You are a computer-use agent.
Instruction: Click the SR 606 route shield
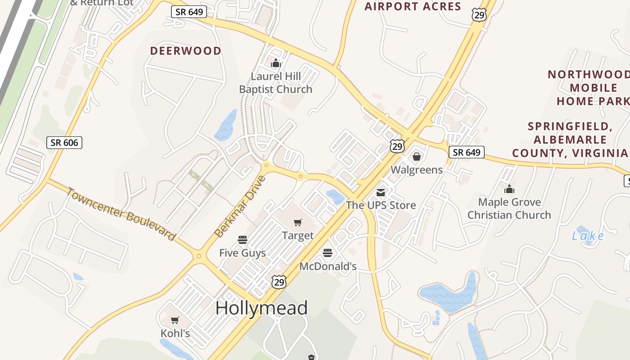[x=64, y=143]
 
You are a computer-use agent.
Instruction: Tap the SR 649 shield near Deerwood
[x=189, y=12]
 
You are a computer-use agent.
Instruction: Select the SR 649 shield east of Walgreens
[x=467, y=152]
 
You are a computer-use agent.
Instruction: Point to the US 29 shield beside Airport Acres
[x=479, y=15]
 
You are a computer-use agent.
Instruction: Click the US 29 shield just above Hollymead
[x=279, y=282]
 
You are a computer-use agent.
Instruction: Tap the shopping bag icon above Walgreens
[x=417, y=157]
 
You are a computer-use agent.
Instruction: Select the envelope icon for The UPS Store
[x=381, y=193]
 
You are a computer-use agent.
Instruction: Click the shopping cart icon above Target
[x=297, y=222]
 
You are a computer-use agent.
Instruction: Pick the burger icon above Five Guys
[x=243, y=240]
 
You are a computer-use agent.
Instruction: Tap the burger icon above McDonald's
[x=328, y=253]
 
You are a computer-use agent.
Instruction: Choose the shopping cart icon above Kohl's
[x=175, y=320]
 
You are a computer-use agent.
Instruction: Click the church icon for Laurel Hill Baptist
[x=275, y=63]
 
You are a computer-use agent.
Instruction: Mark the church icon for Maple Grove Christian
[x=509, y=189]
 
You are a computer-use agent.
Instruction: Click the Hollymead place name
[x=261, y=308]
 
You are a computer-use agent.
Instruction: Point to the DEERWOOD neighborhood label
[x=186, y=51]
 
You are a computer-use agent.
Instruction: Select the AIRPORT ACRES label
[x=413, y=6]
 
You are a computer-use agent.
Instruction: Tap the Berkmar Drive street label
[x=240, y=207]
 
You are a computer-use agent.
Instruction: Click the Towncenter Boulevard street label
[x=121, y=214]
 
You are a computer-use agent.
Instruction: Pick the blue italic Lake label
[x=588, y=236]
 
